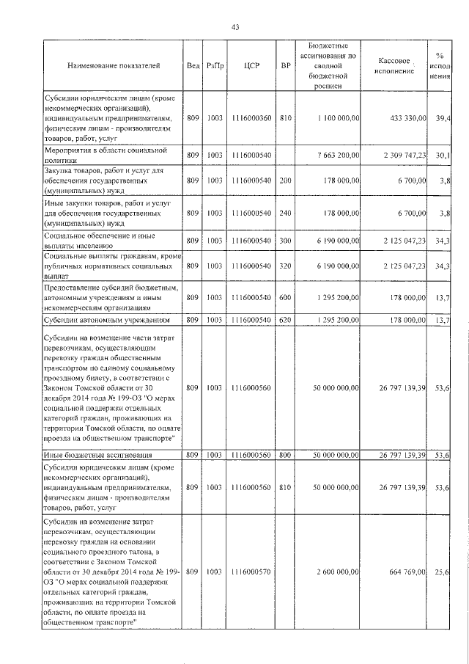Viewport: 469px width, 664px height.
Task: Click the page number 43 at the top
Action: tap(235, 27)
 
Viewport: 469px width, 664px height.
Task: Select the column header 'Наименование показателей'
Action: tap(113, 66)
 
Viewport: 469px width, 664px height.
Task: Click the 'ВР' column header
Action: tap(286, 66)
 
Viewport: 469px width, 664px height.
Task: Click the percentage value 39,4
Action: tap(442, 117)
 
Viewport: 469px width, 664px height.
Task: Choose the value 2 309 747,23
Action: tap(399, 155)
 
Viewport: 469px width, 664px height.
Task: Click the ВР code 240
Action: tap(286, 213)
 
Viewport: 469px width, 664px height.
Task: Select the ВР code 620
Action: tap(286, 320)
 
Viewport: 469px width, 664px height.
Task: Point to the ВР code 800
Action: tap(286, 455)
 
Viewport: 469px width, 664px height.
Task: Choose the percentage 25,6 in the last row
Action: tap(442, 571)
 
